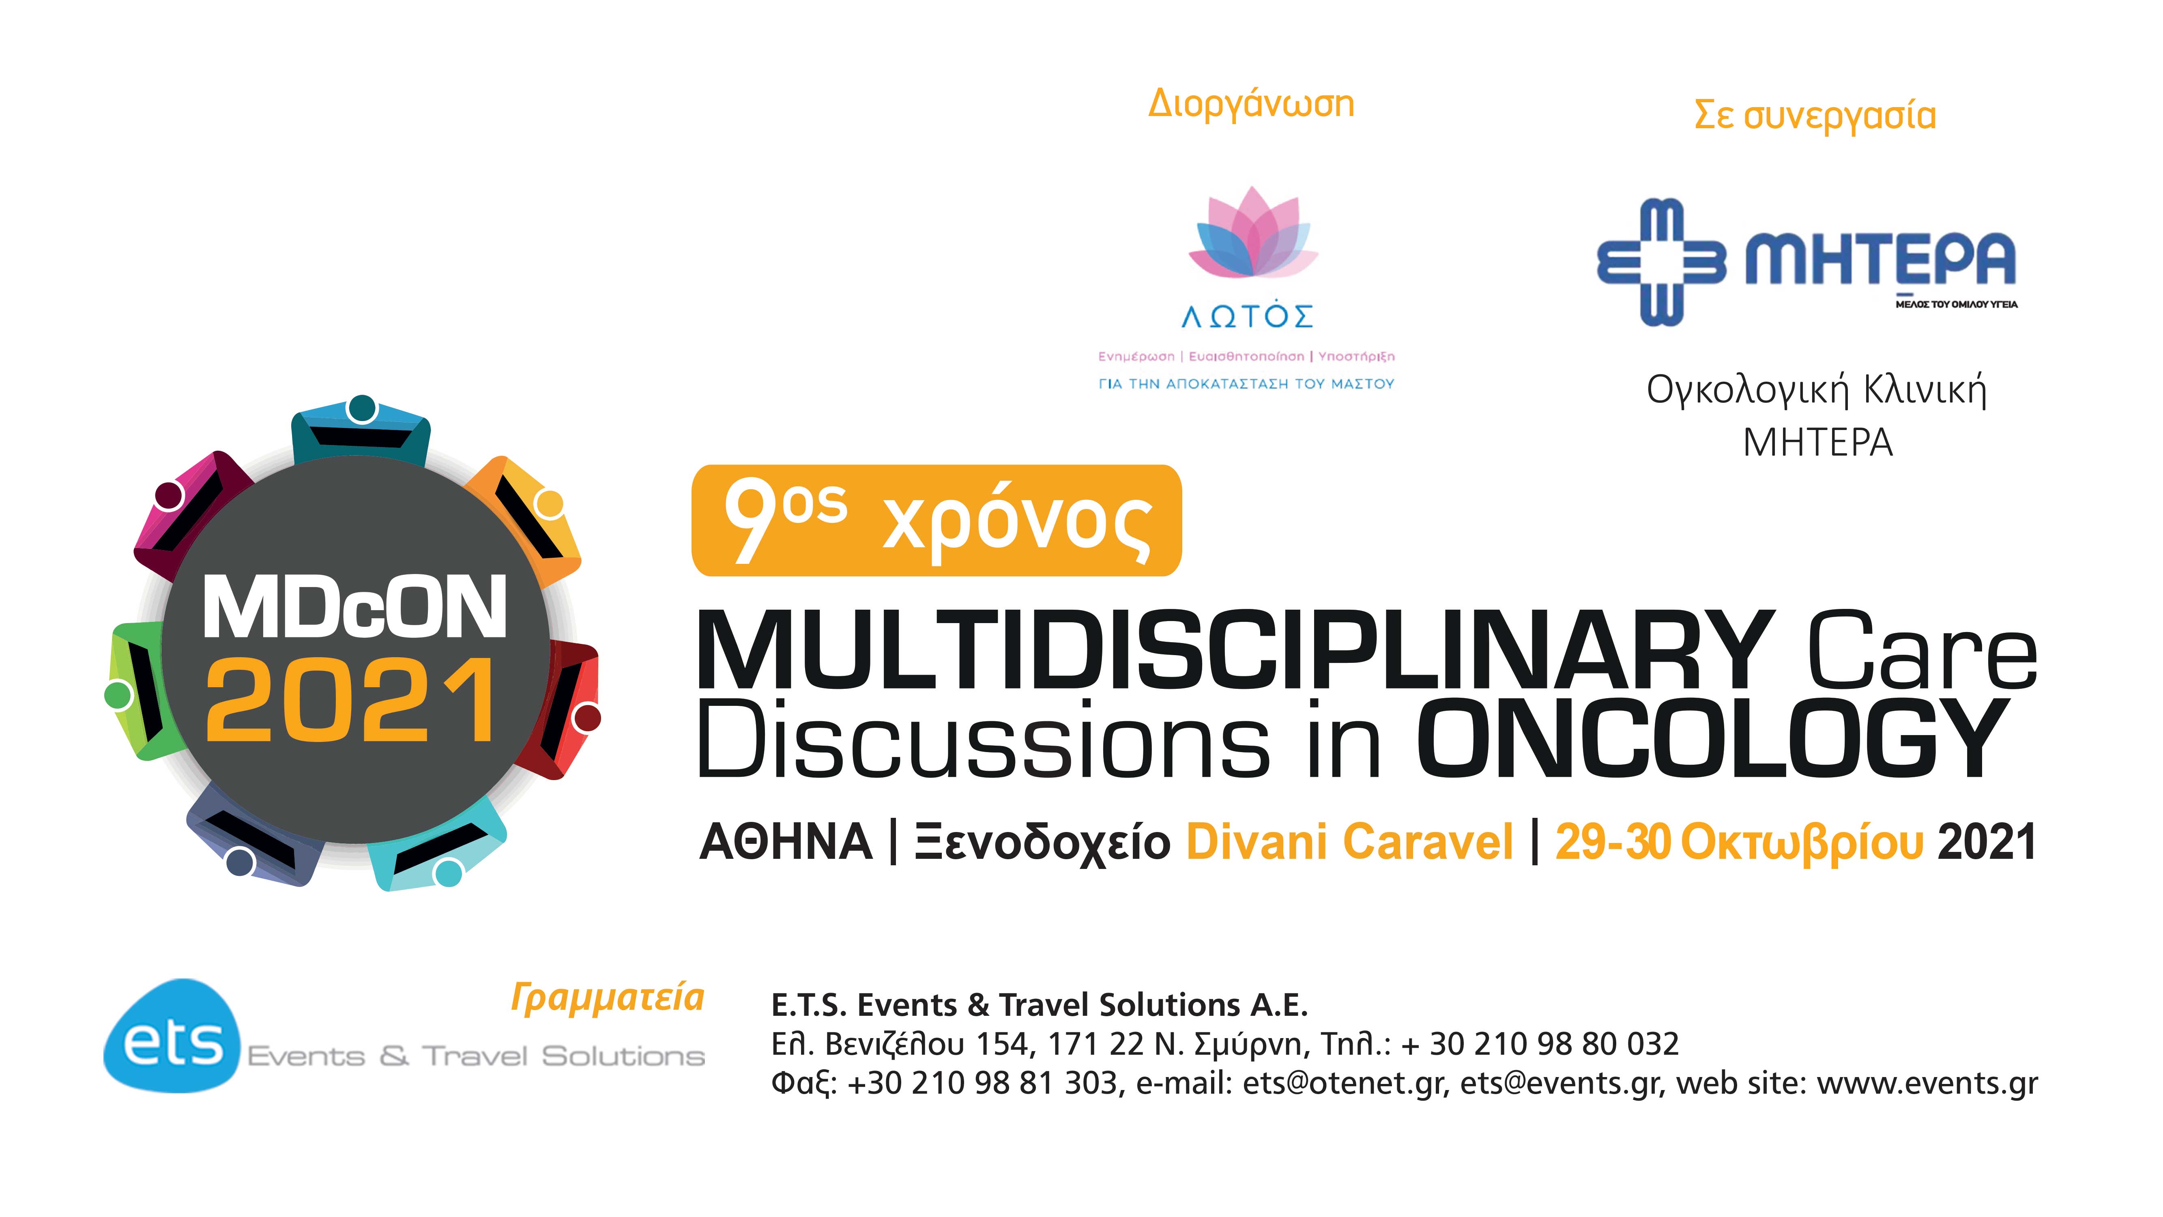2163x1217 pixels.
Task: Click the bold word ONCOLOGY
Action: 1713,739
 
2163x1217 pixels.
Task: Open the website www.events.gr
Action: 1927,1084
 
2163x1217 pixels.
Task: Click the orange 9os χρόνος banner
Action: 936,521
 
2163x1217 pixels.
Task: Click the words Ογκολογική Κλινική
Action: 1816,391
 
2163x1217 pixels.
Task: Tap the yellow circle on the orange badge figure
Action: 549,504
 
